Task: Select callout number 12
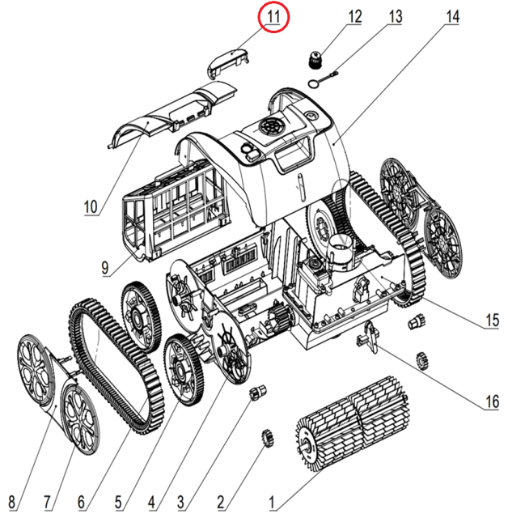(x=355, y=15)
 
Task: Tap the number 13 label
(x=394, y=15)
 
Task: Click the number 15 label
(x=492, y=321)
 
